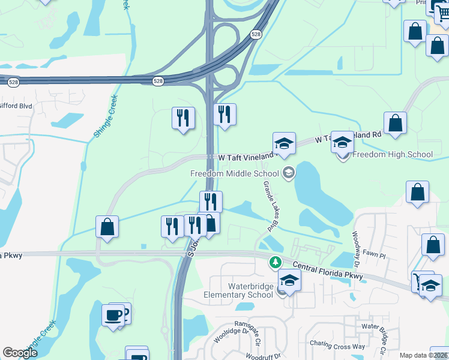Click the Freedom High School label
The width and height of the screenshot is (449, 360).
[x=392, y=154]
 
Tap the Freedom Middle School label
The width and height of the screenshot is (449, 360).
[x=234, y=173]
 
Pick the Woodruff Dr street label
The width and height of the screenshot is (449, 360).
[x=260, y=356]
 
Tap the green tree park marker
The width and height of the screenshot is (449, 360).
[x=275, y=262]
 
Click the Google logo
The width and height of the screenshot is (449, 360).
[x=20, y=353]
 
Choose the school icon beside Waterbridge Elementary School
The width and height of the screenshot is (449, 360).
[x=289, y=281]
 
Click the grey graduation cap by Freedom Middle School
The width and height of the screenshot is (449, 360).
[x=289, y=173]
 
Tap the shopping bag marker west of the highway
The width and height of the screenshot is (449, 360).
[x=107, y=227]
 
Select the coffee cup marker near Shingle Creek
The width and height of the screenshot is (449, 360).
[x=113, y=314]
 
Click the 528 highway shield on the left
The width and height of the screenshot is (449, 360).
[x=158, y=80]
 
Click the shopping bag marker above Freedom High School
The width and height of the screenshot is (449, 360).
[x=396, y=123]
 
